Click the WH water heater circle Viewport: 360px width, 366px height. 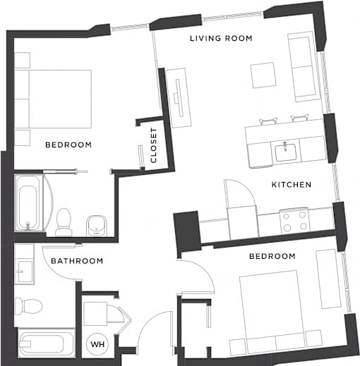click(97, 344)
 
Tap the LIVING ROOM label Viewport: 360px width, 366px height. click(221, 38)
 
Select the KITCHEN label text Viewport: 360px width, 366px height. click(292, 185)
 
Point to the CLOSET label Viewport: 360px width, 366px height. click(153, 145)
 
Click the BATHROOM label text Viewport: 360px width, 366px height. click(77, 261)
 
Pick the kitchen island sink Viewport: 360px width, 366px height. click(286, 152)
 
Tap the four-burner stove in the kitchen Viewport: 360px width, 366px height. click(294, 221)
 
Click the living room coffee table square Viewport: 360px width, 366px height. click(263, 75)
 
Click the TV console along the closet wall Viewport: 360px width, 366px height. click(178, 98)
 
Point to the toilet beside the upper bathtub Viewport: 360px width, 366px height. click(64, 222)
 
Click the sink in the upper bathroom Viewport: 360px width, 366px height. click(97, 226)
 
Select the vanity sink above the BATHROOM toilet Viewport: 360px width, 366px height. click(25, 272)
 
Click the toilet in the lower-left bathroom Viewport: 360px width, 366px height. click(29, 306)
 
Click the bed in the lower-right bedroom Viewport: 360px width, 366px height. click(272, 311)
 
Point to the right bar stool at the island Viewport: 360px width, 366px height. click(299, 118)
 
